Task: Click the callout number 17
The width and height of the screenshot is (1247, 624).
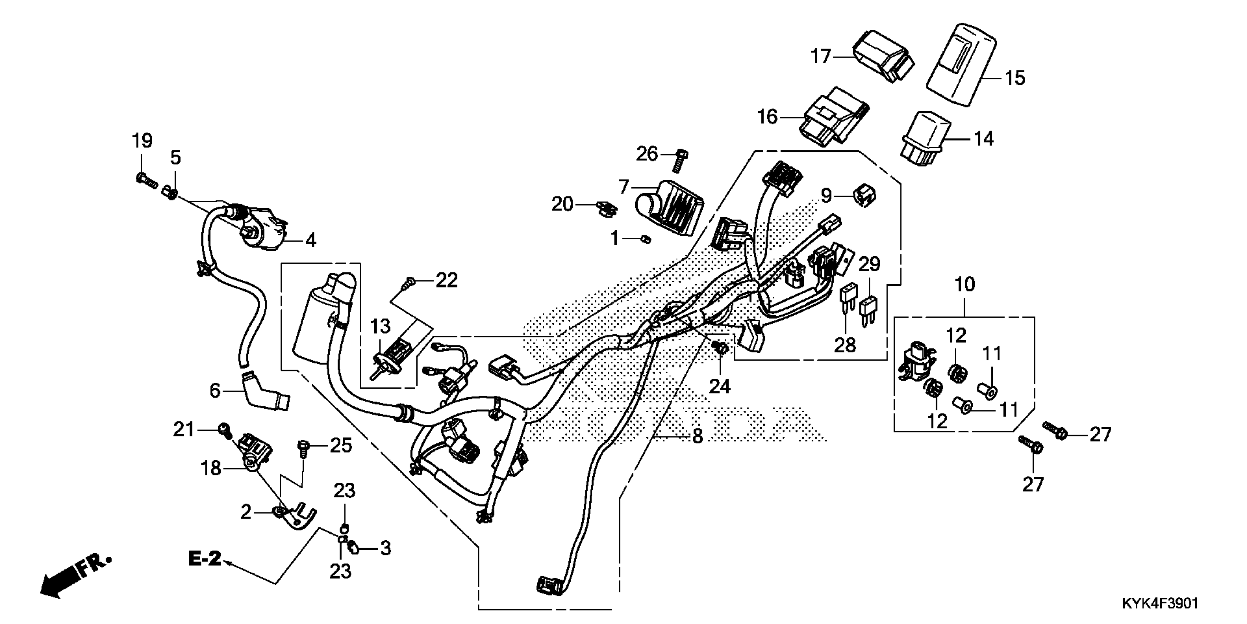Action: point(821,57)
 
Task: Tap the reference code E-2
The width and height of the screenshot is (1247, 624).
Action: point(204,559)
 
